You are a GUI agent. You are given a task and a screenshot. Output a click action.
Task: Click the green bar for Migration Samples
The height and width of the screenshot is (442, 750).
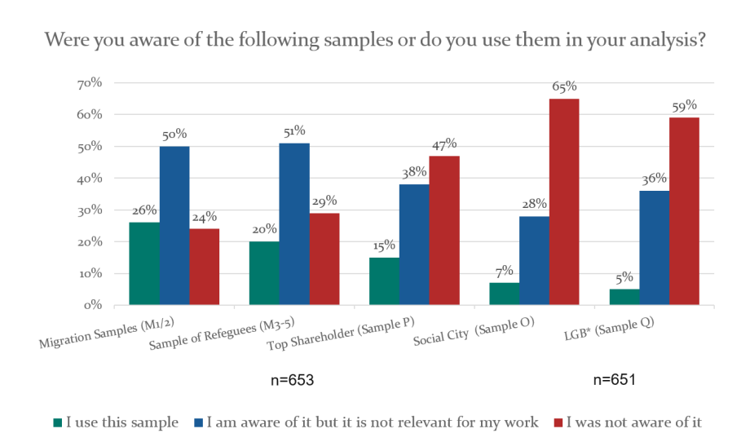pos(143,263)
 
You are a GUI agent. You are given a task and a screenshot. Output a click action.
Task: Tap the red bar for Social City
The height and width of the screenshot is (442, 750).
pos(564,202)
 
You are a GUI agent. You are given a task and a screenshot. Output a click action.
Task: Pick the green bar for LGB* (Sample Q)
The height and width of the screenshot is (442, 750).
pos(624,297)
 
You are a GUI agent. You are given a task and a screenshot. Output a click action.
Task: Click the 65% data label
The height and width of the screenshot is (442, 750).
pos(564,86)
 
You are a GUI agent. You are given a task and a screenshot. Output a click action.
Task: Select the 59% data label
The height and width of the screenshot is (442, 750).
pos(684,105)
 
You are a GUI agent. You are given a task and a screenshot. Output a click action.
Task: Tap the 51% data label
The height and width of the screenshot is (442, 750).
pos(294,130)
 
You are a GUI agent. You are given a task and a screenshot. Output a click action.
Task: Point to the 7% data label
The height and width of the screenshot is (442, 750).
pos(504,270)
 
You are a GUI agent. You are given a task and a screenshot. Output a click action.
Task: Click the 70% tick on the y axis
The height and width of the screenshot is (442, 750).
pos(90,83)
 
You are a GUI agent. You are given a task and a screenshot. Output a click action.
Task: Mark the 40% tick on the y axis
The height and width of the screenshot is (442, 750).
pos(90,179)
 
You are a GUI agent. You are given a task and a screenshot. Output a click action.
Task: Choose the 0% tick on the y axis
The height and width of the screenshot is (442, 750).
pos(92,305)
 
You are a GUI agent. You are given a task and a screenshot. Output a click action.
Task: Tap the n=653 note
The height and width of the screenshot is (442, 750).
pos(293,380)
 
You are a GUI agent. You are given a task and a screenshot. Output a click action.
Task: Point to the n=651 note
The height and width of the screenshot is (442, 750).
pos(614,380)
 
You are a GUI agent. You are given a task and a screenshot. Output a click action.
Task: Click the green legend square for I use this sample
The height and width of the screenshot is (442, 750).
pos(57,422)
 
